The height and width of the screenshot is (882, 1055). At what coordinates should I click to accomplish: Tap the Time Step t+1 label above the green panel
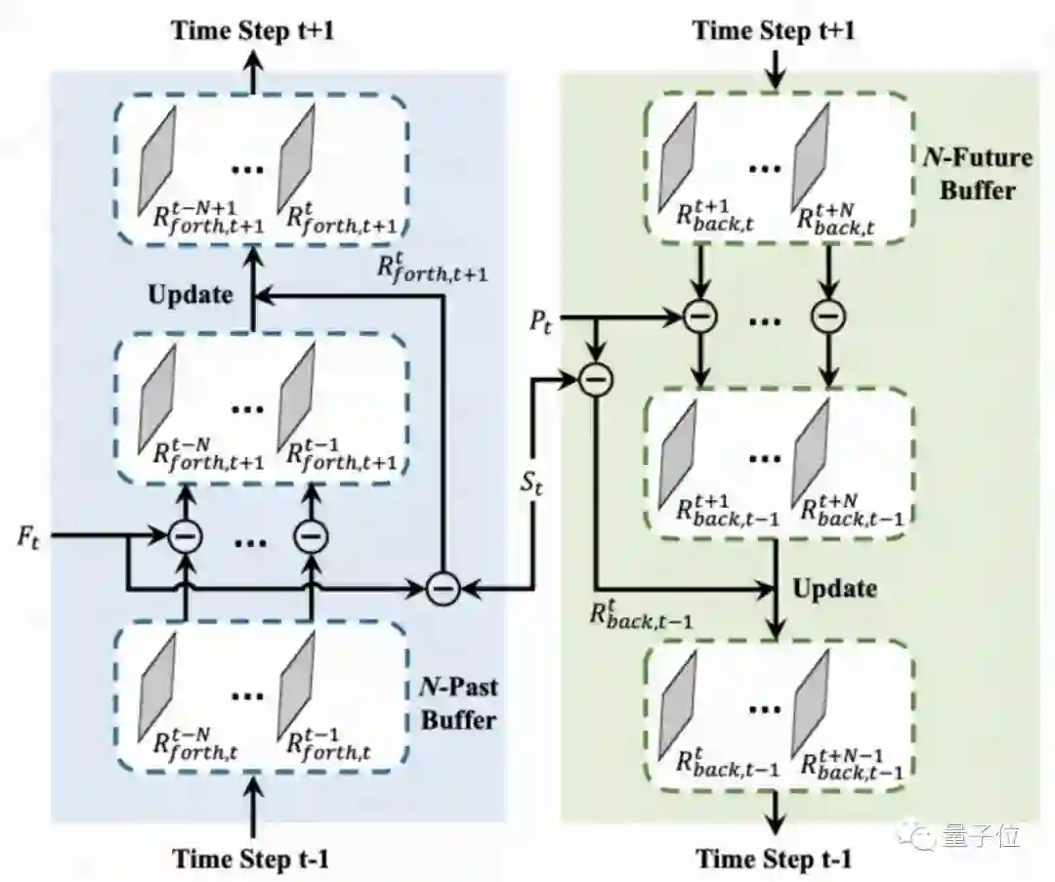click(774, 29)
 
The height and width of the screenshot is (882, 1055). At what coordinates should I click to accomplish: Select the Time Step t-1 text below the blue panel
click(252, 859)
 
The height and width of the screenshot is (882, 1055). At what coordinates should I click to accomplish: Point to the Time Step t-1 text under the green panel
click(774, 859)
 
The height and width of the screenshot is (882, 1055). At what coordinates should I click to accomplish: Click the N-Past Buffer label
click(450, 703)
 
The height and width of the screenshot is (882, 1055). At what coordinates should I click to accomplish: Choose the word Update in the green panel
click(834, 588)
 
